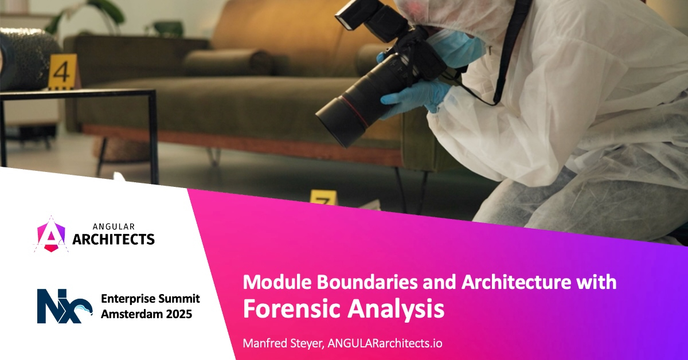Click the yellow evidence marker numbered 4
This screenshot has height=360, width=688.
click(62, 72)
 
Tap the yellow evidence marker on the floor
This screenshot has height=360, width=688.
click(323, 198)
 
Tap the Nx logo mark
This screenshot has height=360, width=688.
click(64, 306)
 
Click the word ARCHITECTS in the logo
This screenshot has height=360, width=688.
click(114, 239)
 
